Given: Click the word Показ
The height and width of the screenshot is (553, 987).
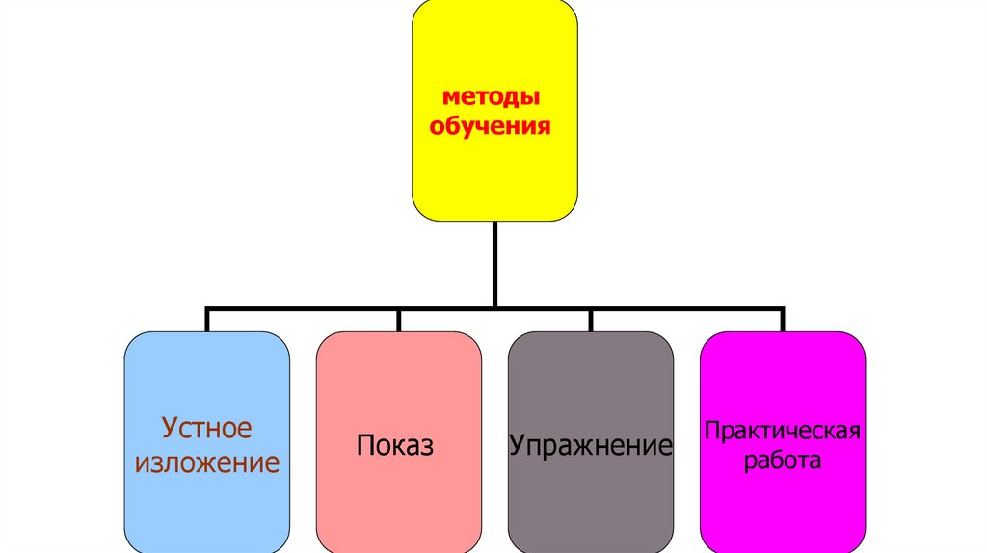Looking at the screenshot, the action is click(395, 446).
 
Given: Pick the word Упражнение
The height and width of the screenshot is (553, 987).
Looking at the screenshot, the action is click(590, 446).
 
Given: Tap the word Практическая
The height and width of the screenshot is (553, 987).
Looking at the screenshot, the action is click(782, 429).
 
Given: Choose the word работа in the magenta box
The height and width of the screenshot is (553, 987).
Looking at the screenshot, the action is click(782, 461).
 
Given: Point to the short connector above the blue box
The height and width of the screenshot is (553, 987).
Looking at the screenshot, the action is click(207, 321).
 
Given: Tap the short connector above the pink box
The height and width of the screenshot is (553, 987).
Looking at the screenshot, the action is click(399, 321).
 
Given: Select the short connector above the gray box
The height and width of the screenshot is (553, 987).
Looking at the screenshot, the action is click(591, 321).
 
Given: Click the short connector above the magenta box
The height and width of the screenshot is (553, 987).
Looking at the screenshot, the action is click(783, 321).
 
